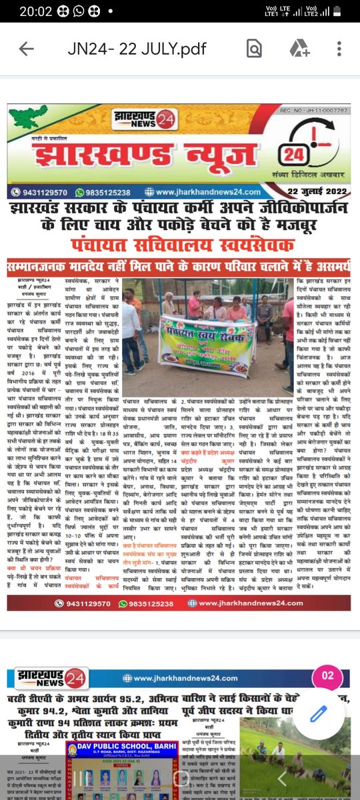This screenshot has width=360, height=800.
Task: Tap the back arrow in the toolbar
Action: tap(27, 49)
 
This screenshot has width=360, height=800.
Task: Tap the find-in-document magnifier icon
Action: tap(253, 49)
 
